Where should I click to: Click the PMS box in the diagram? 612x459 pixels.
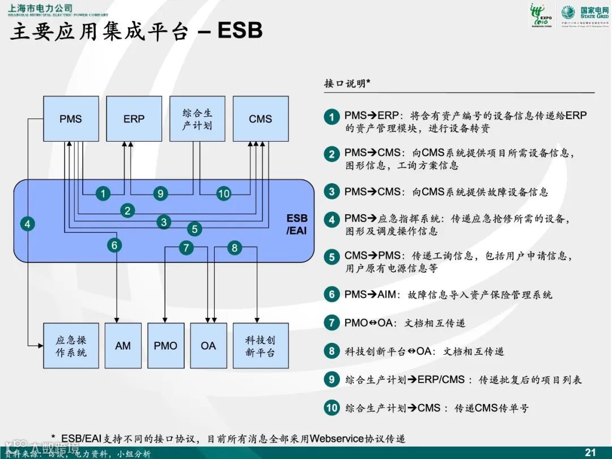(x=70, y=119)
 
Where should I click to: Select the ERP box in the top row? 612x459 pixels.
(x=134, y=119)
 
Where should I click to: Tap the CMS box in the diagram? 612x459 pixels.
(x=260, y=119)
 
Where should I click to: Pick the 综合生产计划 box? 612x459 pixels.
(x=197, y=119)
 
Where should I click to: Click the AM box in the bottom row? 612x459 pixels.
(x=123, y=346)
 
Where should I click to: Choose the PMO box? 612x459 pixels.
(x=165, y=346)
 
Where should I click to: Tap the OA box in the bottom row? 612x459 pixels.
(x=208, y=346)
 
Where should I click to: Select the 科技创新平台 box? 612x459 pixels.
(x=260, y=346)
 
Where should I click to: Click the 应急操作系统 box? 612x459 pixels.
(x=71, y=346)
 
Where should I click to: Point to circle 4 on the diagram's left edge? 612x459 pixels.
(x=27, y=224)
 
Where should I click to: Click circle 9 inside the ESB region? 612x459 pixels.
(x=160, y=194)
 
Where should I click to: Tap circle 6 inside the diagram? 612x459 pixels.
(x=114, y=245)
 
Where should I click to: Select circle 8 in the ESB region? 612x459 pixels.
(x=235, y=248)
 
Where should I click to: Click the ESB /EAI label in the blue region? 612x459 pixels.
(x=296, y=224)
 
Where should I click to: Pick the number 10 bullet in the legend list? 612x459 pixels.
(x=331, y=407)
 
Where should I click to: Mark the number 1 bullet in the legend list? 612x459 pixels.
(x=331, y=117)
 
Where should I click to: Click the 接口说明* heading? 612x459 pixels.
(x=347, y=84)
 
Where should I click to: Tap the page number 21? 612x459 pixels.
(x=590, y=452)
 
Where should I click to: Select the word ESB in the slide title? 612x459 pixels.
(x=240, y=31)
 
